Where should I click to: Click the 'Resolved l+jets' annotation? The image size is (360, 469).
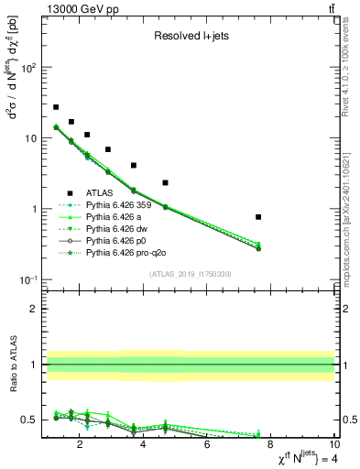click(x=190, y=37)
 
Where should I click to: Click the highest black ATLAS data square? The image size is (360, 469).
click(x=56, y=107)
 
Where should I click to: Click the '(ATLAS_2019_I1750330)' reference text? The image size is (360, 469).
click(x=190, y=274)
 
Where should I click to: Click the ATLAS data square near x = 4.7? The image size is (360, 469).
click(x=165, y=183)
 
